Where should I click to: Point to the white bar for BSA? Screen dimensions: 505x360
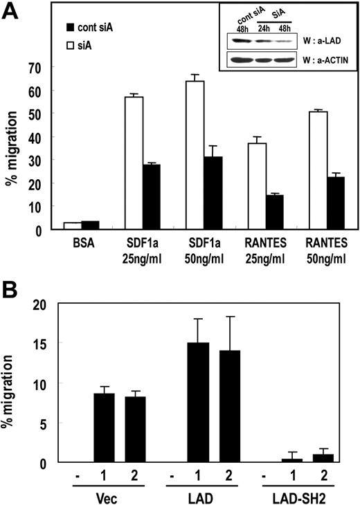72,226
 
